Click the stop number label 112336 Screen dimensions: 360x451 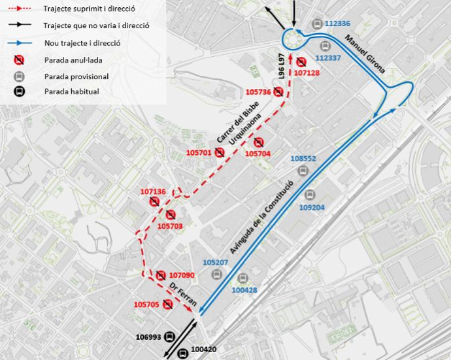(x=337, y=24)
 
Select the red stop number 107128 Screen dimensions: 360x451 (x=307, y=73)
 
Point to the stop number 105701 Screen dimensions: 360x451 (x=199, y=153)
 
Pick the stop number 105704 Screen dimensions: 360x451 (x=258, y=154)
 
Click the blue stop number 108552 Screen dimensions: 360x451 (x=303, y=159)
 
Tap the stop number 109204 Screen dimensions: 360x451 (x=312, y=208)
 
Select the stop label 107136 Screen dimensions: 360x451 (x=153, y=191)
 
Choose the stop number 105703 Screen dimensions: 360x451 (x=170, y=226)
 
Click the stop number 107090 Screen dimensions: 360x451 (x=182, y=275)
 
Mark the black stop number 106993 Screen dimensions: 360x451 (x=148, y=337)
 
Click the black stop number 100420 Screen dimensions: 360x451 (x=204, y=350)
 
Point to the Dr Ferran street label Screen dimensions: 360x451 (x=184, y=293)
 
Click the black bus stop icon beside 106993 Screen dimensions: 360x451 (x=169, y=337)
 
